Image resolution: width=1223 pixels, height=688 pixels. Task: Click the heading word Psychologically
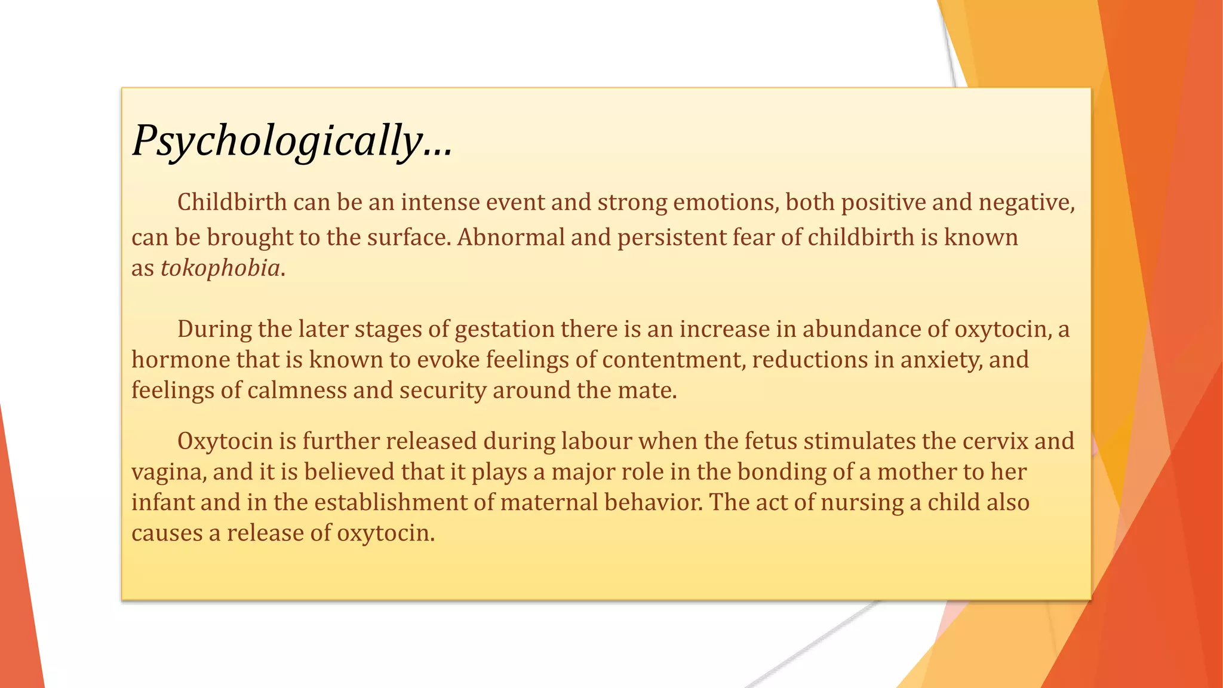278,141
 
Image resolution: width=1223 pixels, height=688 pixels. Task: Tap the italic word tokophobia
220,268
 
